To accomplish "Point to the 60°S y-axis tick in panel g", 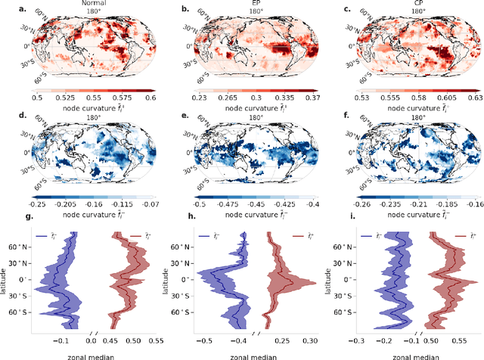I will tap(24, 311).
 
